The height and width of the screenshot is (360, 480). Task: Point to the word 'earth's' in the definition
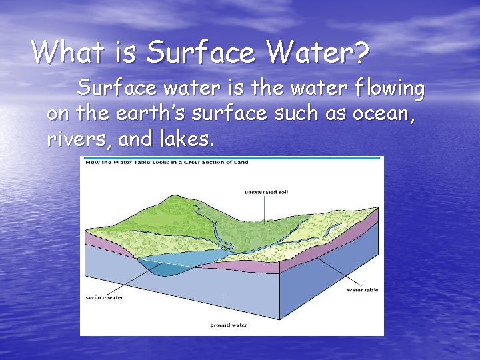coord(150,114)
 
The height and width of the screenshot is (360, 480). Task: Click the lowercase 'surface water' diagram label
coord(105,297)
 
